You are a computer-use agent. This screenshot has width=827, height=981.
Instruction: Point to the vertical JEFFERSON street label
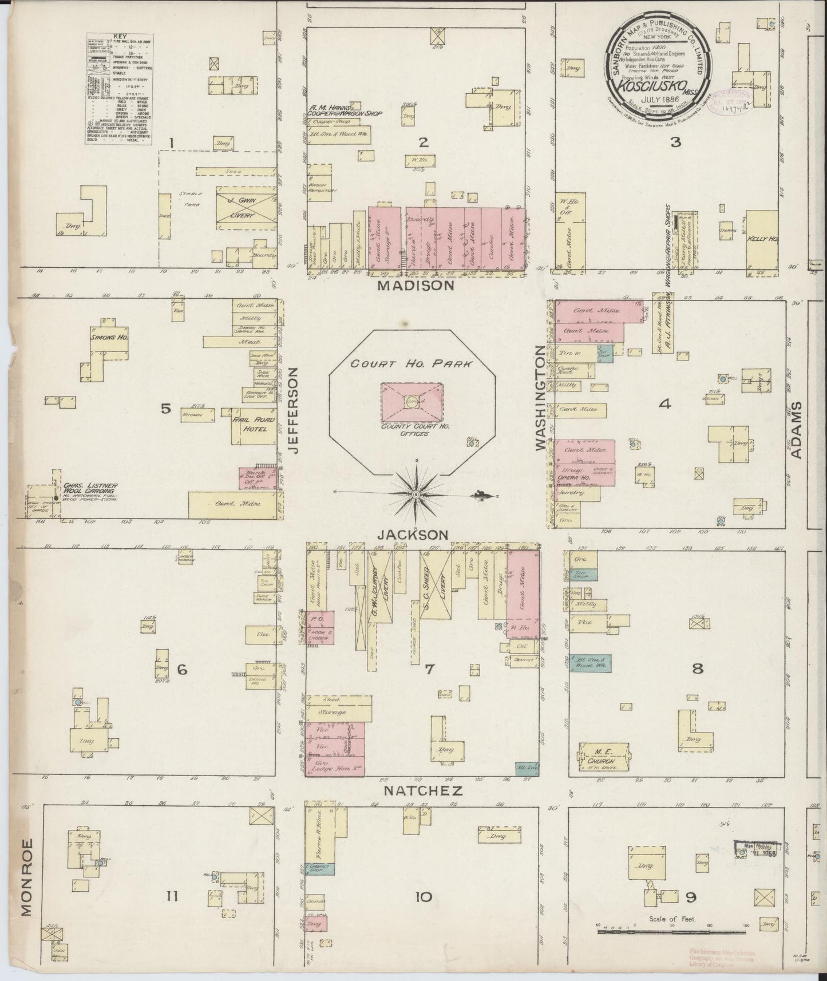(294, 410)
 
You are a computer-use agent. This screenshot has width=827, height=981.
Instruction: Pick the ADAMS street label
(796, 429)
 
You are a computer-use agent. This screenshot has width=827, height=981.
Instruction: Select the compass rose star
(417, 493)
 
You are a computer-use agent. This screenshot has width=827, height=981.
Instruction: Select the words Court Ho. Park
(411, 364)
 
